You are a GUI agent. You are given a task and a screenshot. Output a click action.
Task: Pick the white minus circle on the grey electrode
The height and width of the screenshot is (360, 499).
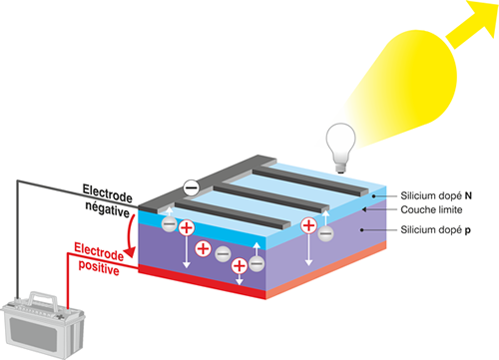(x=191, y=184)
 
